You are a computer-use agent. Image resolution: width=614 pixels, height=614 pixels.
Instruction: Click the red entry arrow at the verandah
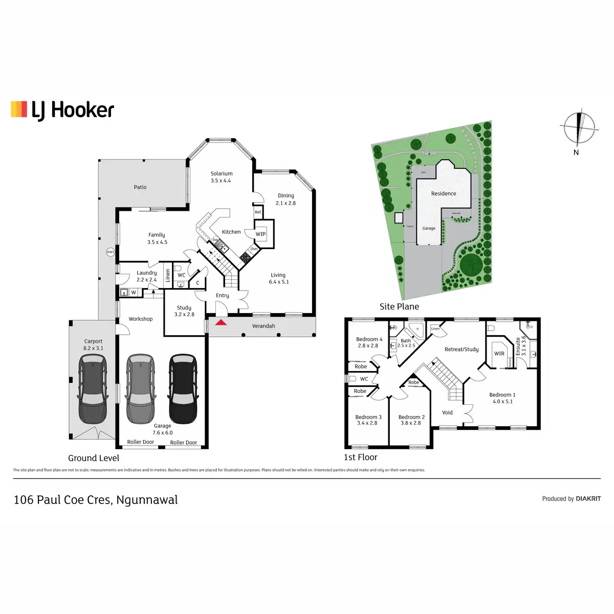pos(221,322)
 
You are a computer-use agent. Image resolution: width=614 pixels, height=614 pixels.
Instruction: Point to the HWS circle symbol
pos(110,252)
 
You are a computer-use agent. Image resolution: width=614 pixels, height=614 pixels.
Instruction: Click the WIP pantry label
pos(261,234)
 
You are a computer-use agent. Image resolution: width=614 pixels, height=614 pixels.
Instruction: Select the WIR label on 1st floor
pos(499,354)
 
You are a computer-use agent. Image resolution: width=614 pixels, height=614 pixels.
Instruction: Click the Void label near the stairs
pos(447,412)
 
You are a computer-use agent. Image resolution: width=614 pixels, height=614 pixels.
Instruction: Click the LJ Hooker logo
pos(62,110)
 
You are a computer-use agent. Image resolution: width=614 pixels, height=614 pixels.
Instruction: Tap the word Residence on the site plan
pos(444,193)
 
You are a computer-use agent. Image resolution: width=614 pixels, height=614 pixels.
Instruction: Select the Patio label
pos(140,187)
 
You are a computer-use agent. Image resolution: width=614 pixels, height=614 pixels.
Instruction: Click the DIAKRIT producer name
pos(588,499)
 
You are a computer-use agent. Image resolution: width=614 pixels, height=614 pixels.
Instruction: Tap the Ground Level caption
pos(94,458)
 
